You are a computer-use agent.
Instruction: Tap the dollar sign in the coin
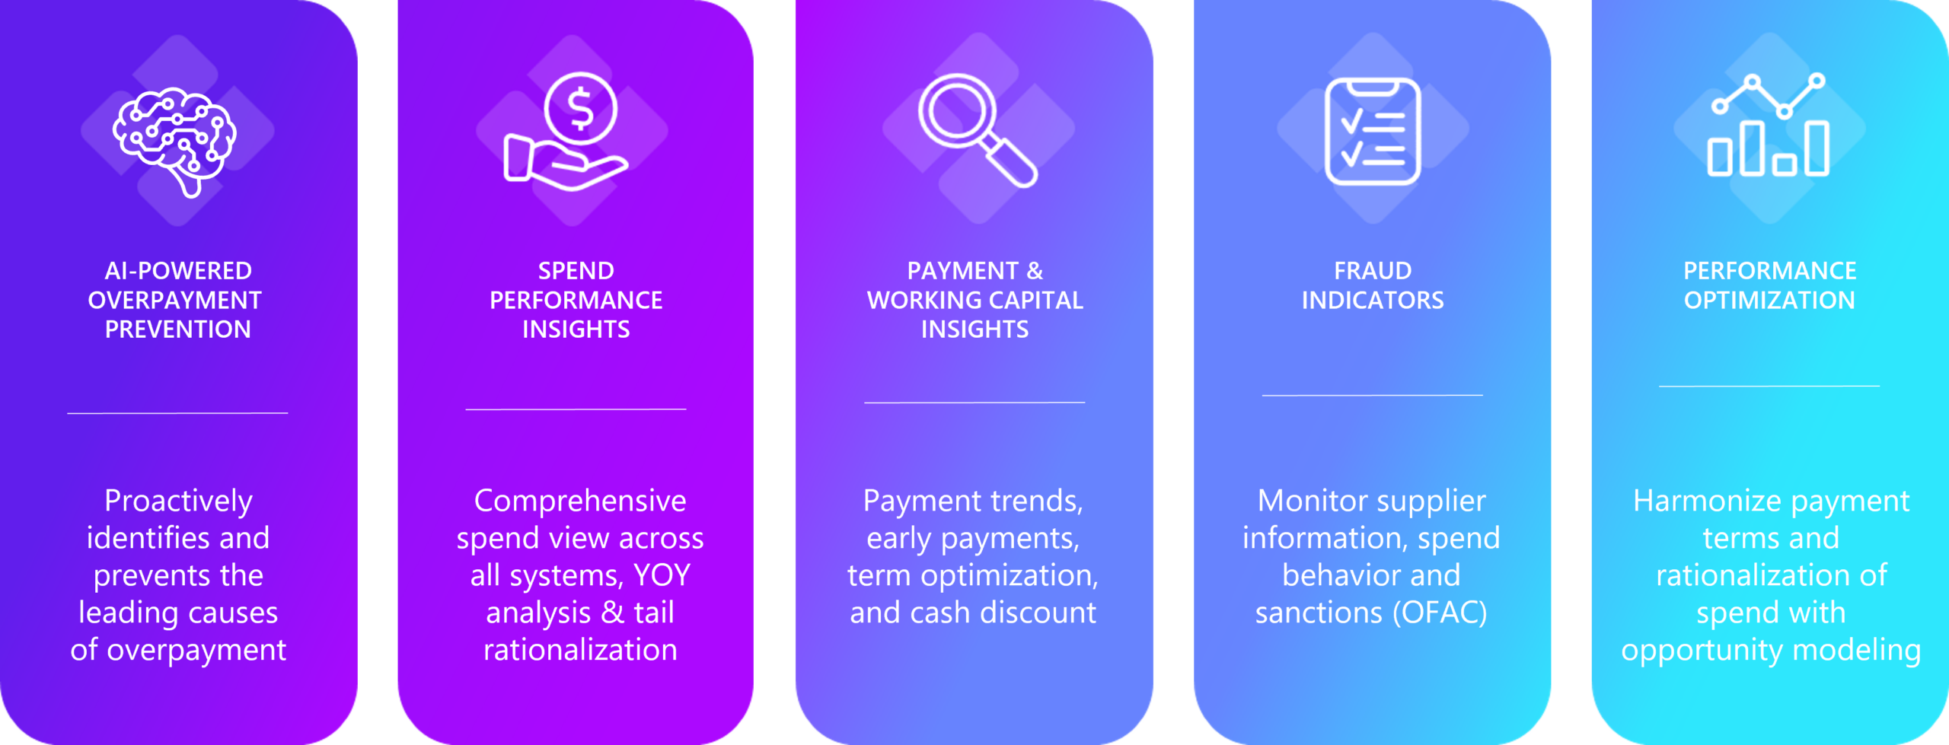(x=581, y=108)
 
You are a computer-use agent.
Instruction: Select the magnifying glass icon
(x=978, y=130)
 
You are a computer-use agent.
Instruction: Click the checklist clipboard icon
(x=1373, y=131)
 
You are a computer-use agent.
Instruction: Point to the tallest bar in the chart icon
(x=1752, y=148)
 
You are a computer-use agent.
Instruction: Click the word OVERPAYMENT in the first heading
(x=174, y=301)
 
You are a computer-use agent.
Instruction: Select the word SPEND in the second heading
(x=576, y=271)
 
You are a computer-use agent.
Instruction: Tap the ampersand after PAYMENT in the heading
(x=1035, y=271)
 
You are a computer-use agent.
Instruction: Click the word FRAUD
(x=1373, y=271)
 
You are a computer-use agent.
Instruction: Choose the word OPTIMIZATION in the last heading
(x=1769, y=301)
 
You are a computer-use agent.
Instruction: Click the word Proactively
(x=178, y=501)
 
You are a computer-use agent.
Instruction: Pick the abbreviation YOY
(x=662, y=575)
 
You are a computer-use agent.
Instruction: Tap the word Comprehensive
(x=580, y=501)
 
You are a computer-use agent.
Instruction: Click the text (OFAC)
(x=1440, y=613)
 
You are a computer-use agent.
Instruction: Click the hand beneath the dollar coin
(x=565, y=163)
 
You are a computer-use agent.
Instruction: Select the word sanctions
(x=1319, y=613)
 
